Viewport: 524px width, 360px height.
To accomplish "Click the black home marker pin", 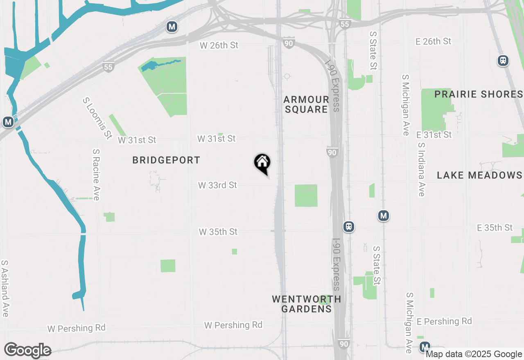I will tap(262, 163).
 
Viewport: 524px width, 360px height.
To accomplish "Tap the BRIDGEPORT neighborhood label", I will tap(166, 160).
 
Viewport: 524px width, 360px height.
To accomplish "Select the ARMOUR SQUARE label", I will tap(306, 104).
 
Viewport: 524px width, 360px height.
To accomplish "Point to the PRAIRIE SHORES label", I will tap(478, 94).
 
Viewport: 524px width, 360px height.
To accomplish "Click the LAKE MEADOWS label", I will tap(479, 175).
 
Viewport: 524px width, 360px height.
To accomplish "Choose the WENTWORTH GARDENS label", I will tap(306, 304).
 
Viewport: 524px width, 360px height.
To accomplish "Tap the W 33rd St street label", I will tap(217, 185).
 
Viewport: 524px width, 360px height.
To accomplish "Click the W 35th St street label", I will tap(218, 232).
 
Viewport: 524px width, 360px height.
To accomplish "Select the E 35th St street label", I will tap(495, 227).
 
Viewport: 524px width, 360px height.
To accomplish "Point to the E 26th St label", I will tap(433, 41).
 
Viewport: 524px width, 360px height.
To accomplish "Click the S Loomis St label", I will tap(97, 118).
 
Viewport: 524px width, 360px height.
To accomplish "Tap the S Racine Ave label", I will tap(96, 175).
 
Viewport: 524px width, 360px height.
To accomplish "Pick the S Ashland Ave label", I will tap(5, 288).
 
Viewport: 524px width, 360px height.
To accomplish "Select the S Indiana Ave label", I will tap(421, 169).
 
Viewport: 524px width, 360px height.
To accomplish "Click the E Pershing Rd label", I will tap(444, 321).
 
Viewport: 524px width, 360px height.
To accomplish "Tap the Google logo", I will tap(27, 350).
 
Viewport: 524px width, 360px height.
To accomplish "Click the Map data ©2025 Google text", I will tap(474, 354).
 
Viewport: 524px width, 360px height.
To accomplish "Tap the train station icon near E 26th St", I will tap(503, 61).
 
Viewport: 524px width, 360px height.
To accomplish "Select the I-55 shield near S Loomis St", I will tap(108, 67).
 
